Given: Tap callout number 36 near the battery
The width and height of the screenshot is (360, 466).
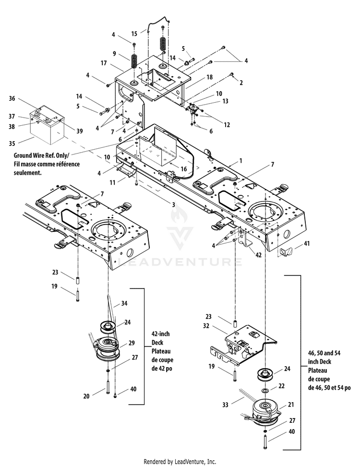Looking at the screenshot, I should tap(12, 99).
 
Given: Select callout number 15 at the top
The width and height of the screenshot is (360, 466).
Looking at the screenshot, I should tap(134, 34).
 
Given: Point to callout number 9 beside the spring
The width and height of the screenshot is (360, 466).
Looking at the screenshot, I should tap(114, 53).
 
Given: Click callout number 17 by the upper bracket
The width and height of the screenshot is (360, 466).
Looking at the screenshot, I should tap(103, 63).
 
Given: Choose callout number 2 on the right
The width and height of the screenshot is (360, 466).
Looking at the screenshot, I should tap(241, 83).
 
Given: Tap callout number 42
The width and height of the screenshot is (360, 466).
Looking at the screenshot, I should tap(259, 255).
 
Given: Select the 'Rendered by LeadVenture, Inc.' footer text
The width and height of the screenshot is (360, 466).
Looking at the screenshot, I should tap(180, 461).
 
